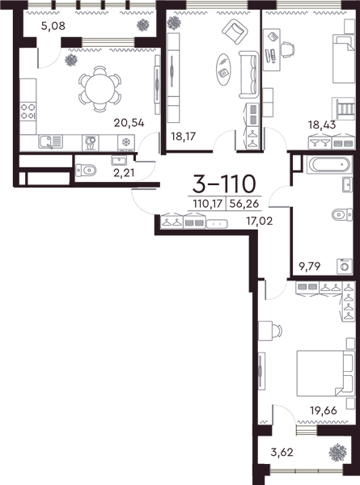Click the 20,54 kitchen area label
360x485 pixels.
(129, 123)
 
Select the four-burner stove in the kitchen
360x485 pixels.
(28, 112)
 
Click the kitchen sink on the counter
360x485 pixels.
(50, 142)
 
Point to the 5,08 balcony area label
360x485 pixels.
(53, 26)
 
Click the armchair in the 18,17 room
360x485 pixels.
(235, 32)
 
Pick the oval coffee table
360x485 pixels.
(223, 70)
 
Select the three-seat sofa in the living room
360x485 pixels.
(248, 75)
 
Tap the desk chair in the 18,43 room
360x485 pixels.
(287, 49)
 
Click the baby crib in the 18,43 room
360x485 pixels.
(343, 108)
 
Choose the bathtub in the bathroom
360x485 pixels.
(329, 164)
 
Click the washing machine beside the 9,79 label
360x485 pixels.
(345, 266)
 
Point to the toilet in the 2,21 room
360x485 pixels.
(86, 170)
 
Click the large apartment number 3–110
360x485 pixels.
(224, 183)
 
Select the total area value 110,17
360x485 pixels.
(208, 204)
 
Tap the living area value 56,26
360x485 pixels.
(244, 204)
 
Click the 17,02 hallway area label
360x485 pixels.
(260, 221)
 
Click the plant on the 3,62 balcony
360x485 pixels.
(337, 453)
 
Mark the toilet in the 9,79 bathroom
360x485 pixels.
(342, 214)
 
